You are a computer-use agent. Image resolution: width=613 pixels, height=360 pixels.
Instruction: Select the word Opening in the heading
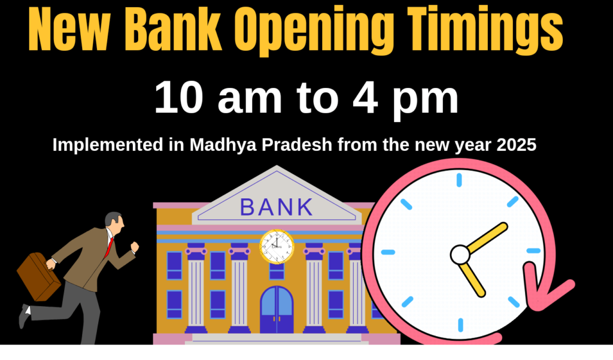coord(315,31)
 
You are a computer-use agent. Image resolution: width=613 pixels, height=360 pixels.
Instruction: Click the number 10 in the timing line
coord(179,98)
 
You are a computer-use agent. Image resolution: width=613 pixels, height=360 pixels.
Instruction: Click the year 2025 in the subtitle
coord(517,145)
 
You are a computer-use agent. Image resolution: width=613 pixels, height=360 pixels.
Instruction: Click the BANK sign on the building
coord(277,207)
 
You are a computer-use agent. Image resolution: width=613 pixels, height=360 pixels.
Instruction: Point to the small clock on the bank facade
coord(277,247)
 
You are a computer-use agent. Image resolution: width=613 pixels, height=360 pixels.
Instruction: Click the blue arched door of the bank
coord(277,310)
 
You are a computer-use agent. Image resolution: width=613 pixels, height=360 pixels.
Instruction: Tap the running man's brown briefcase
coord(38,277)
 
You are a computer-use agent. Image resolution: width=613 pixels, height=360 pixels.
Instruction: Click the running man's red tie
coord(109,248)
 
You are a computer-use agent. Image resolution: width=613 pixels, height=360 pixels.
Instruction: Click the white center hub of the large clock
coord(460,255)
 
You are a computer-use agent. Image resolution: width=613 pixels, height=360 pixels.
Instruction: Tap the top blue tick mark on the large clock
coord(459,180)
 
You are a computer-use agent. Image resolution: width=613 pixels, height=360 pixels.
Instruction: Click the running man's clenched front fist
coord(135,247)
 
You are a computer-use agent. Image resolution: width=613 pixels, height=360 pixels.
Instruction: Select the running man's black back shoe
coord(24,316)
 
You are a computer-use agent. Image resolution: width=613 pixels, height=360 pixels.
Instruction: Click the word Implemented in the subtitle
coord(108,146)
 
